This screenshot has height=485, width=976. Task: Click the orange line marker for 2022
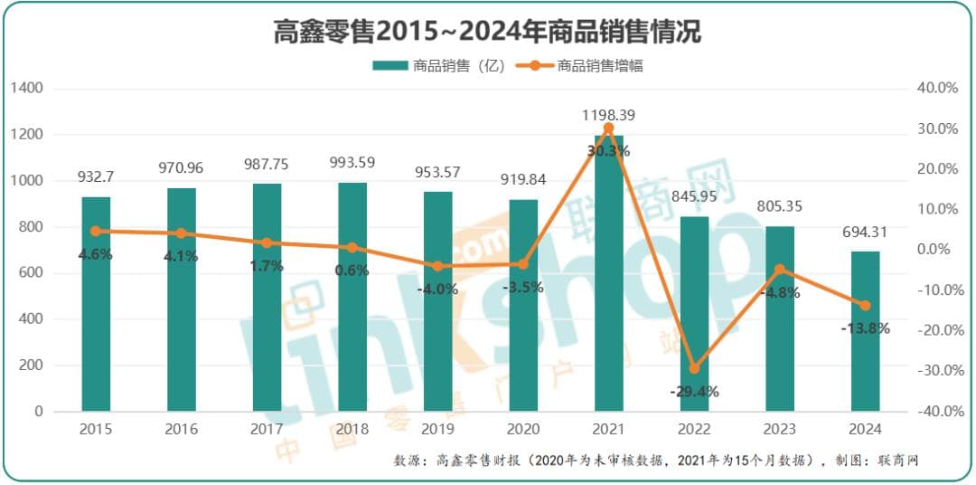point(694,368)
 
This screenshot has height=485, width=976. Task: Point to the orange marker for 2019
point(437,266)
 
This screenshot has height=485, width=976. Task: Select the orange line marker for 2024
point(865,306)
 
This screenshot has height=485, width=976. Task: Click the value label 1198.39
point(608,115)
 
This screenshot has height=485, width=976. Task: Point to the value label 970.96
point(181,167)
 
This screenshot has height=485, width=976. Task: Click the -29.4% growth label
point(694,391)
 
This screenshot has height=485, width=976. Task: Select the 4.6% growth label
point(96,254)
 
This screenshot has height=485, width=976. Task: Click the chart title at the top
point(487,33)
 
